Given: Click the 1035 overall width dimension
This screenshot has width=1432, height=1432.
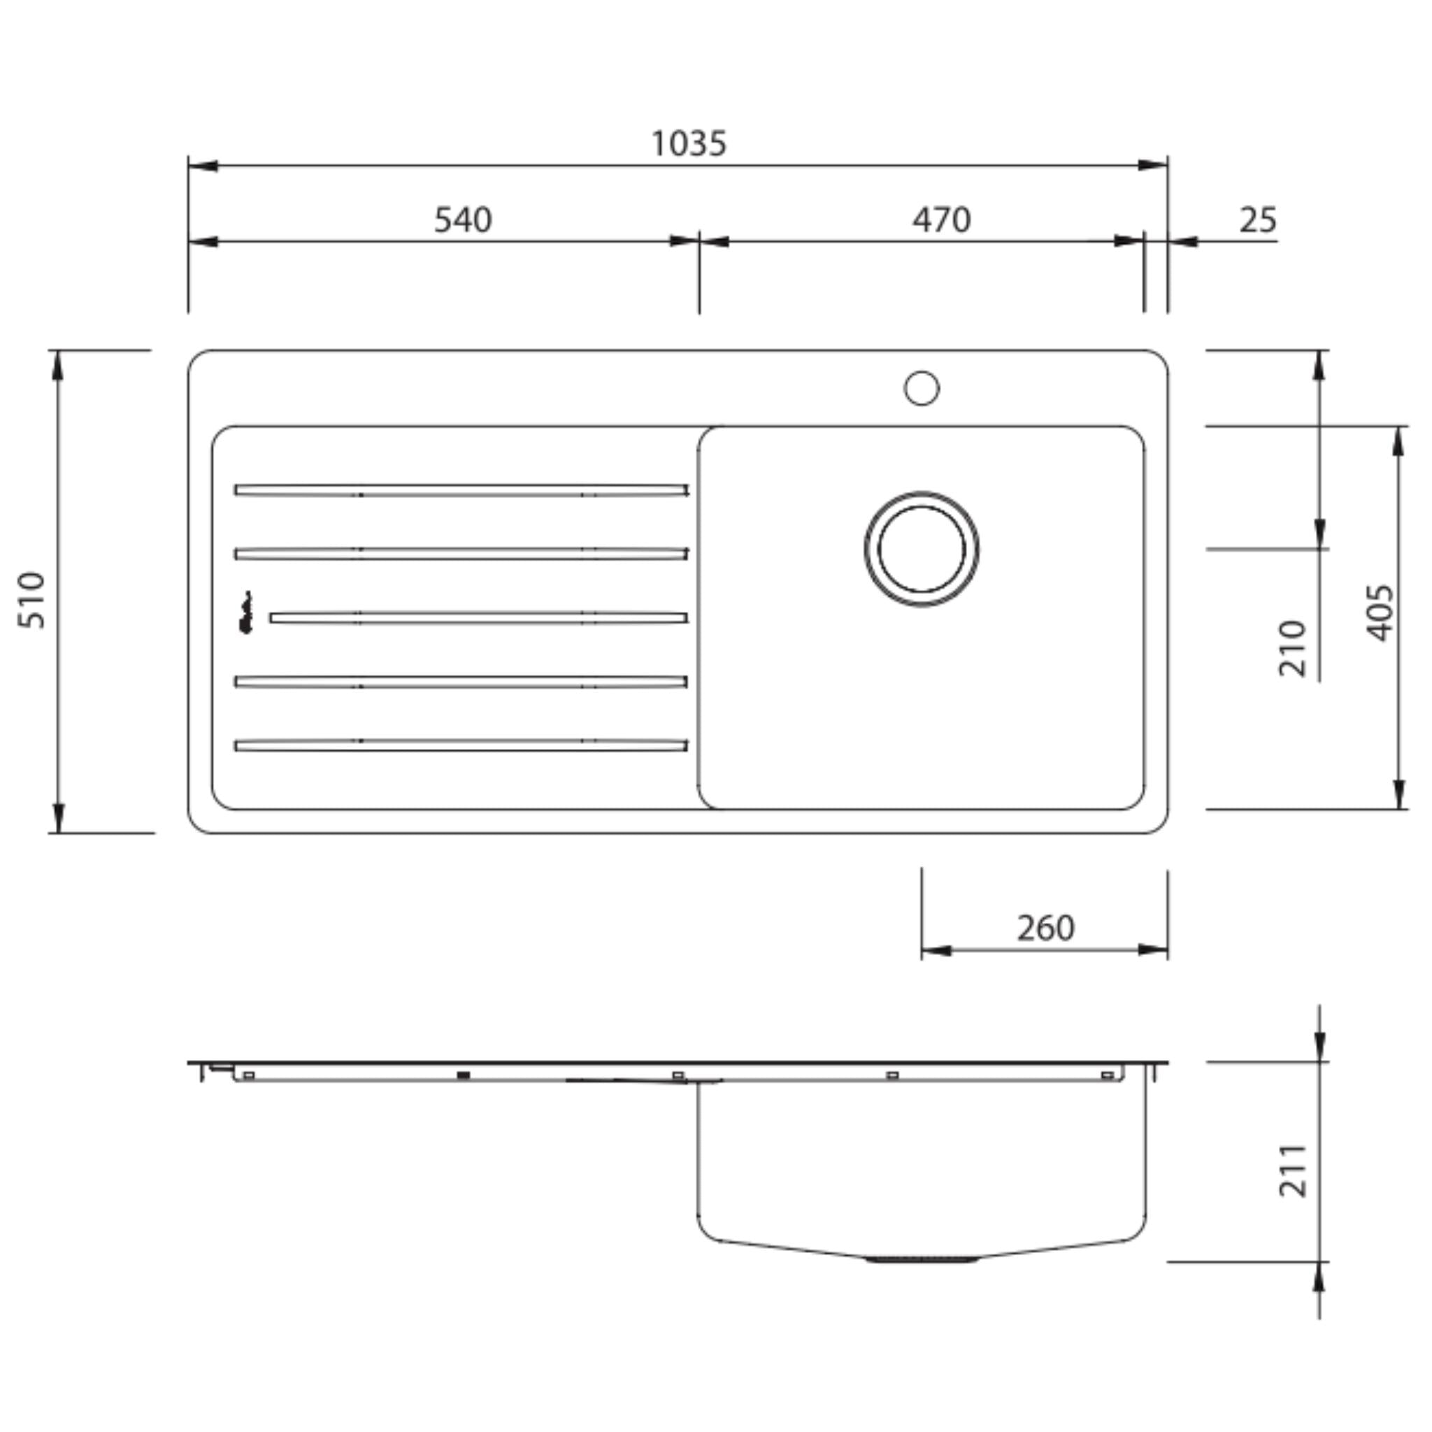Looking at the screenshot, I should pyautogui.click(x=689, y=144).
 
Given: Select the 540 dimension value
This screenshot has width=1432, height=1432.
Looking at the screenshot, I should pyautogui.click(x=462, y=220).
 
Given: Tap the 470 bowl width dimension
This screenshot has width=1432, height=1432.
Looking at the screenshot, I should pyautogui.click(x=940, y=220).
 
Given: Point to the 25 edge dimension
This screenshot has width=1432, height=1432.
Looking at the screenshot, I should pyautogui.click(x=1258, y=220).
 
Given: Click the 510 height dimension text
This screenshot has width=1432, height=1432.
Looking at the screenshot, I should pyautogui.click(x=32, y=600).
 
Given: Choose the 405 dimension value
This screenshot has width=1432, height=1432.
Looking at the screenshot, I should pyautogui.click(x=1380, y=613).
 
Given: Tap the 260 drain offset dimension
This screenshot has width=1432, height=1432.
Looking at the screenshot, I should pyautogui.click(x=1045, y=928).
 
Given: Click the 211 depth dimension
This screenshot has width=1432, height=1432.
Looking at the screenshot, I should pyautogui.click(x=1293, y=1170).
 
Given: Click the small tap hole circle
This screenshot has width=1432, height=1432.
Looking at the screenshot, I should pyautogui.click(x=922, y=387).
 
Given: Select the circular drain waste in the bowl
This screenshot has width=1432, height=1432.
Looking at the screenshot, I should pyautogui.click(x=922, y=548).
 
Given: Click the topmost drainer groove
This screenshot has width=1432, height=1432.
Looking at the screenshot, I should pyautogui.click(x=461, y=490).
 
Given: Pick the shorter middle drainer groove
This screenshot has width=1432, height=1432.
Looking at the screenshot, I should pyautogui.click(x=478, y=617).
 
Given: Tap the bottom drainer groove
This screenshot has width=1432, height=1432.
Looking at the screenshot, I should pyautogui.click(x=461, y=745).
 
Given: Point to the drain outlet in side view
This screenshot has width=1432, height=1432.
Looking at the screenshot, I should pyautogui.click(x=922, y=1259).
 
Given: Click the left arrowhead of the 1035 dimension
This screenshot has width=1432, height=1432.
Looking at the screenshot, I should pyautogui.click(x=202, y=165).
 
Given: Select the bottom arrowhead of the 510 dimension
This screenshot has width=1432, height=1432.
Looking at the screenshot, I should pyautogui.click(x=59, y=818).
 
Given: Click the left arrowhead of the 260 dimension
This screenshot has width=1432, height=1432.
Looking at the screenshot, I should pyautogui.click(x=936, y=950).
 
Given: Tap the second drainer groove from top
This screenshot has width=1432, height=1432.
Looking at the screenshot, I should pyautogui.click(x=461, y=554).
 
